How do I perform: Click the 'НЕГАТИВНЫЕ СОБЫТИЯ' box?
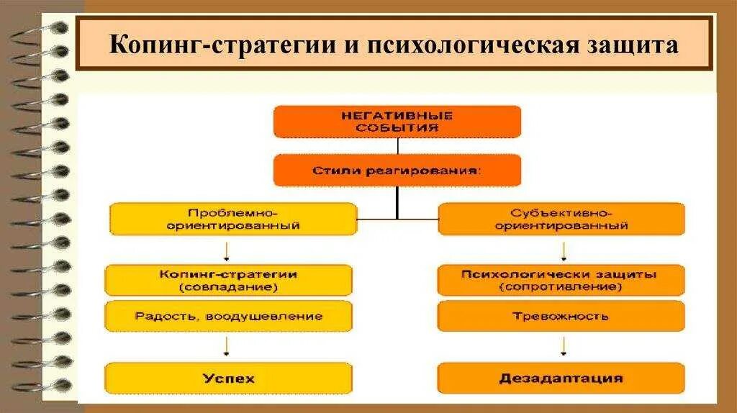click(x=397, y=121)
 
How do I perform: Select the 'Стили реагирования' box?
click(x=397, y=171)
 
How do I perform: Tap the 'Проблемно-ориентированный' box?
click(x=232, y=219)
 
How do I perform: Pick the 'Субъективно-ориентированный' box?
click(x=561, y=219)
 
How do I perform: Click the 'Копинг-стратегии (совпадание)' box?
click(x=228, y=280)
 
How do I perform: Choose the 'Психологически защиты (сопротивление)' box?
click(x=561, y=280)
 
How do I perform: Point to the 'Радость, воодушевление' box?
click(x=228, y=316)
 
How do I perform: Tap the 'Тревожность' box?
click(x=561, y=316)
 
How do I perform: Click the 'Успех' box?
click(x=228, y=378)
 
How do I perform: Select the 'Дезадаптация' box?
click(x=561, y=378)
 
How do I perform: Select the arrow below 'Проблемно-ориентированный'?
click(x=227, y=250)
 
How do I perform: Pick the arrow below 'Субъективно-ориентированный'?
click(x=563, y=250)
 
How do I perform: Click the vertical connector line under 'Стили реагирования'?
click(x=397, y=201)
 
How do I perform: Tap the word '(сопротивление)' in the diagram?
click(x=561, y=286)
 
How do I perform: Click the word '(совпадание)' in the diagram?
click(x=228, y=286)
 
